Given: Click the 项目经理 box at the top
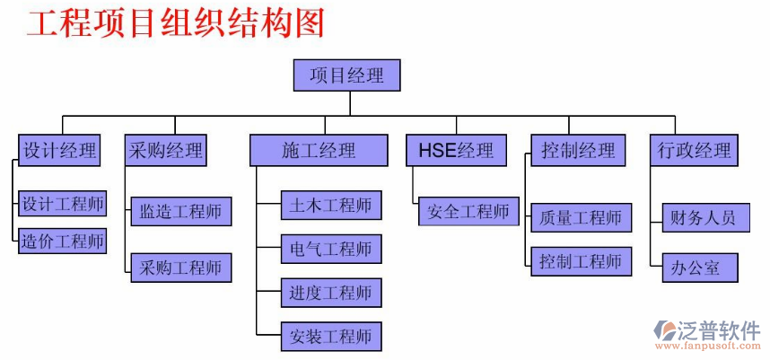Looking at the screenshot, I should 346,75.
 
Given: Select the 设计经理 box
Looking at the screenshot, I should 60,150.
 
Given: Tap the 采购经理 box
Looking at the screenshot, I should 165,150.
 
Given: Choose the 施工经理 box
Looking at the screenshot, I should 318,150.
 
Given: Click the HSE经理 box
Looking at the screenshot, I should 455,150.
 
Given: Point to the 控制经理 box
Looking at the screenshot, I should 578,150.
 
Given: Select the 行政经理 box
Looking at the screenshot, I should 693,150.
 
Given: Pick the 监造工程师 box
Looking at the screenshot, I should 180,212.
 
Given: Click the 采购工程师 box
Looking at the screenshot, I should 180,268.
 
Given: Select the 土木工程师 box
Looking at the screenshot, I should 331,205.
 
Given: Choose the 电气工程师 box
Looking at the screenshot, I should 331,249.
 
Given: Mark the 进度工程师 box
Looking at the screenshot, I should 331,292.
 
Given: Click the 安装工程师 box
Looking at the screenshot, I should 331,337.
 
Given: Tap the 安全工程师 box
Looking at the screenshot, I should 468,212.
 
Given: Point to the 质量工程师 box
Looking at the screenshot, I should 581,217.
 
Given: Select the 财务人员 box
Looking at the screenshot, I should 704,217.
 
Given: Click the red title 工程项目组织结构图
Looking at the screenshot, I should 175,23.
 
